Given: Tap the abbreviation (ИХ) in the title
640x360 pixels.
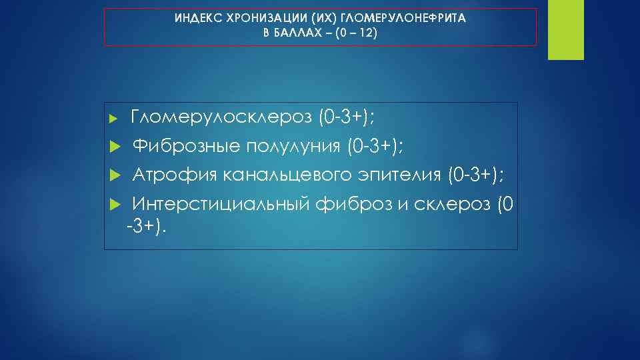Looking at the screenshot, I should click(299, 19).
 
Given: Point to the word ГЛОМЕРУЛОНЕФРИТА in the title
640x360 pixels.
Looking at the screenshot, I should click(390, 19).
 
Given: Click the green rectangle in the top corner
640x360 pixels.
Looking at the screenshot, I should click(565, 30).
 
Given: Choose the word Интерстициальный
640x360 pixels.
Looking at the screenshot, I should click(220, 203).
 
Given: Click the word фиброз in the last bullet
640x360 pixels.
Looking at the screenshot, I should click(353, 203).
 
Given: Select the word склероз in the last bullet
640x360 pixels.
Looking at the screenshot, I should click(453, 203).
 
